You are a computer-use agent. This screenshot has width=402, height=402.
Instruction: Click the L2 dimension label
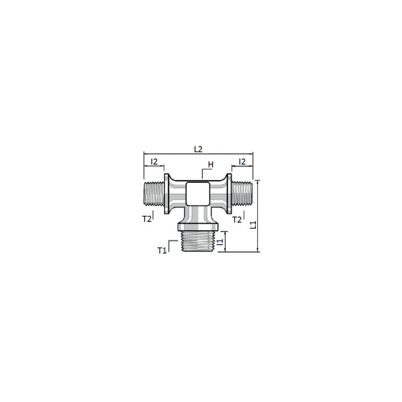coord(198,149)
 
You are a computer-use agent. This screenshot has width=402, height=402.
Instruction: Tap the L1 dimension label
coord(253,225)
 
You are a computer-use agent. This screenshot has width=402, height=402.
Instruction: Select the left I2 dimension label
coord(154,161)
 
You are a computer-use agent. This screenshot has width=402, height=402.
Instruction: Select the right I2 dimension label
coord(242,161)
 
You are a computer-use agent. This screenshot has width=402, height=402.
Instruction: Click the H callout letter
coord(211,164)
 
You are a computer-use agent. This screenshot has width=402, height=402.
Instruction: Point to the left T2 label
coord(147,219)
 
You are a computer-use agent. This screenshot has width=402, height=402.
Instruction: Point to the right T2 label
coord(237,220)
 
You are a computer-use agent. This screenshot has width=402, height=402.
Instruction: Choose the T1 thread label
coord(162,250)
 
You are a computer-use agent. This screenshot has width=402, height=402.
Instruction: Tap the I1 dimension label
coord(220,241)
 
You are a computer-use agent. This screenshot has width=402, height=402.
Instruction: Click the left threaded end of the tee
coord(154,194)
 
